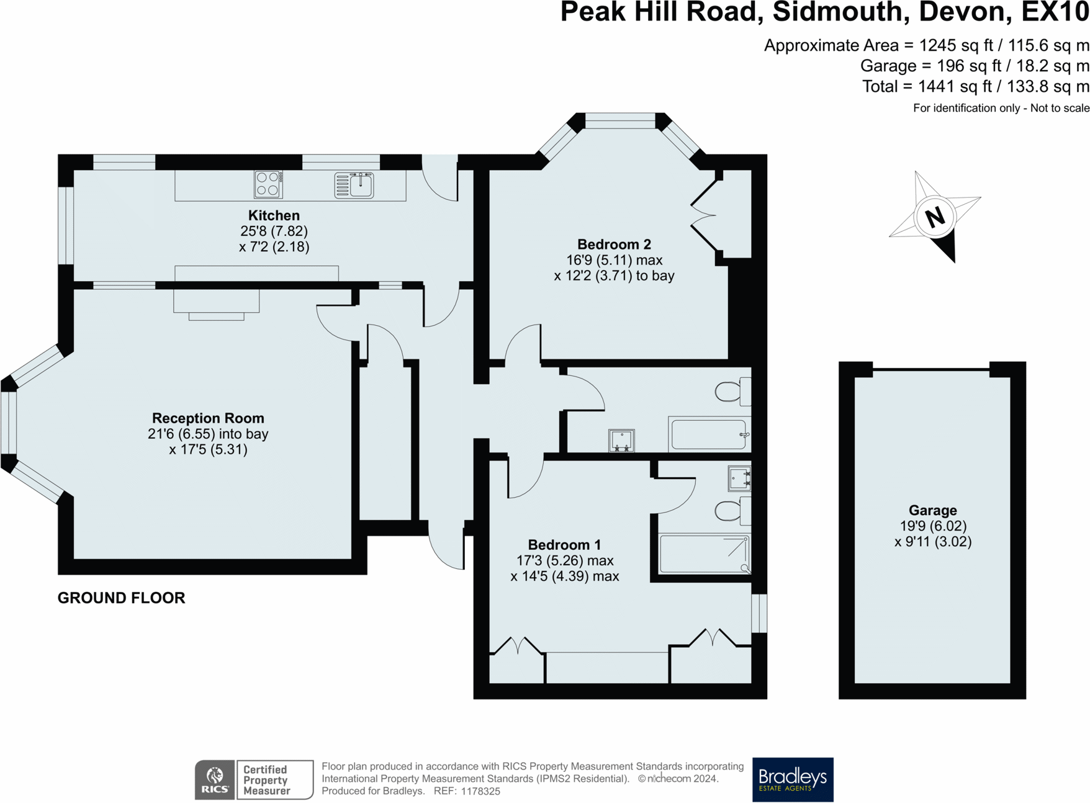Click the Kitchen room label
point(274,216)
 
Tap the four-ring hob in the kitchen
point(268,184)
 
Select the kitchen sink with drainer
point(354,185)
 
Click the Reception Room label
point(208,418)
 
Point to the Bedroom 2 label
point(614,244)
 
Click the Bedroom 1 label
point(564,545)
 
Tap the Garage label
point(932,510)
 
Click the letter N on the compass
point(935,217)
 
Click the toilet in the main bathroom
point(731,392)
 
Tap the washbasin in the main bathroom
point(621,440)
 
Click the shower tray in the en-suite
point(704,554)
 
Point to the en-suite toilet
point(731,511)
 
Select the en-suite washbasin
point(739,478)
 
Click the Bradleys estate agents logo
point(793,779)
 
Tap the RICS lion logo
point(215,779)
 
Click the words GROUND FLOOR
point(121,598)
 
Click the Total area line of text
point(975,87)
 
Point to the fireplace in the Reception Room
point(216,304)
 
